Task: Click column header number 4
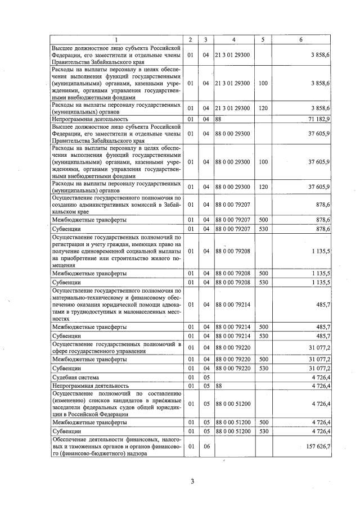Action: coord(233,39)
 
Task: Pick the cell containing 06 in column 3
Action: coord(206,446)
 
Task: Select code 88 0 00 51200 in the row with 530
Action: coord(232,430)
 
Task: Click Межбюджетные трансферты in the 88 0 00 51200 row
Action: coord(89,421)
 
